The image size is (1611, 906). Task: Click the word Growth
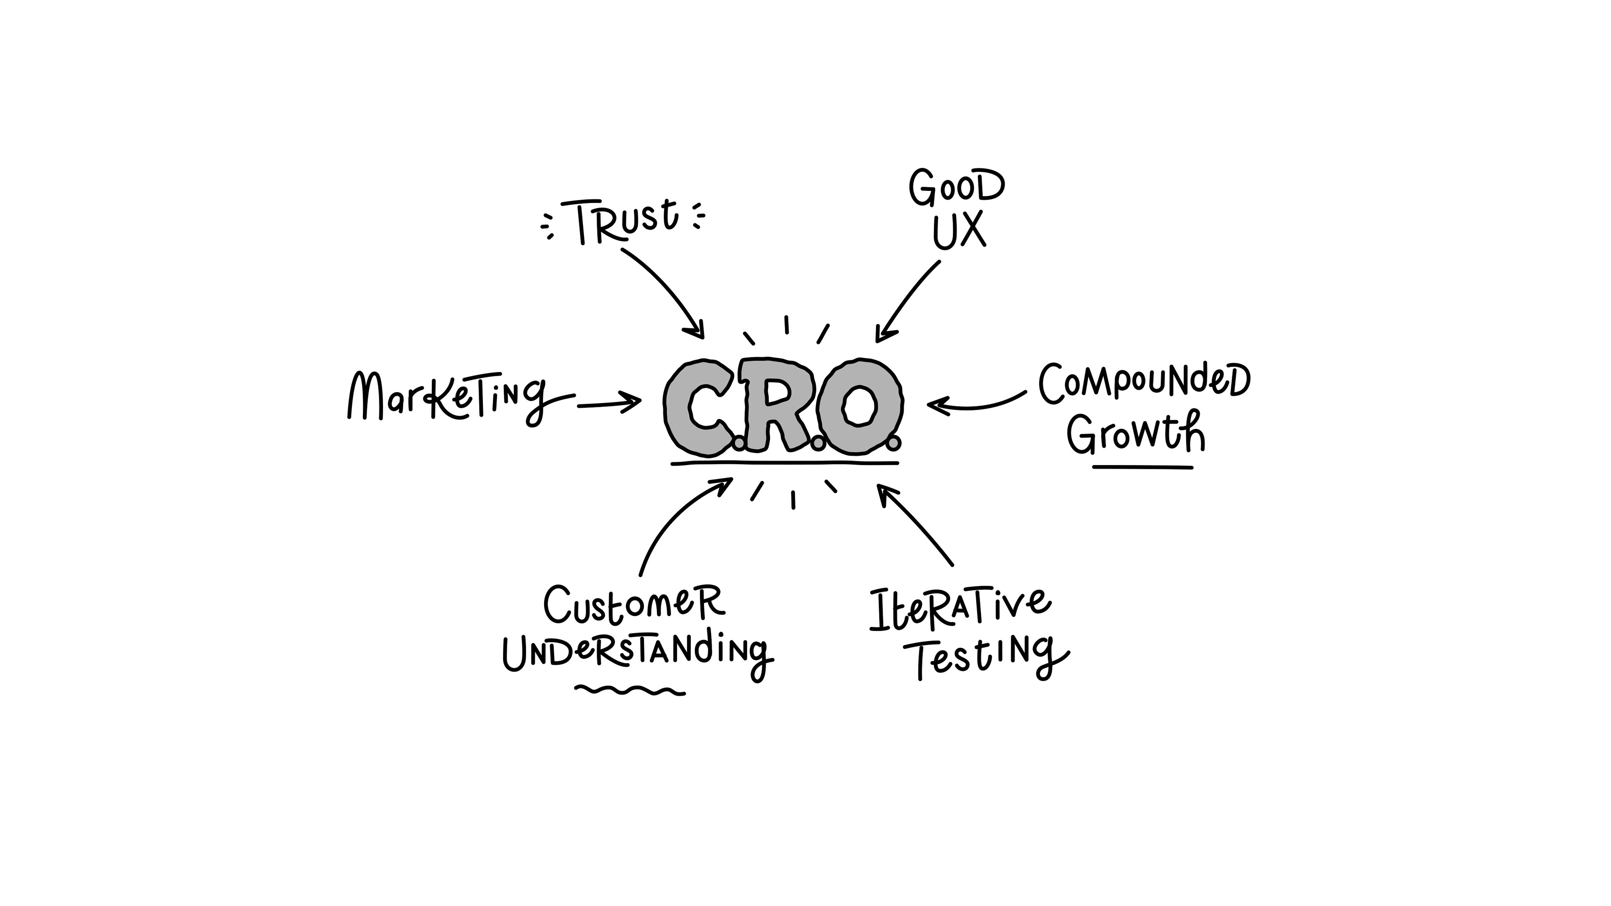pos(1136,432)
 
